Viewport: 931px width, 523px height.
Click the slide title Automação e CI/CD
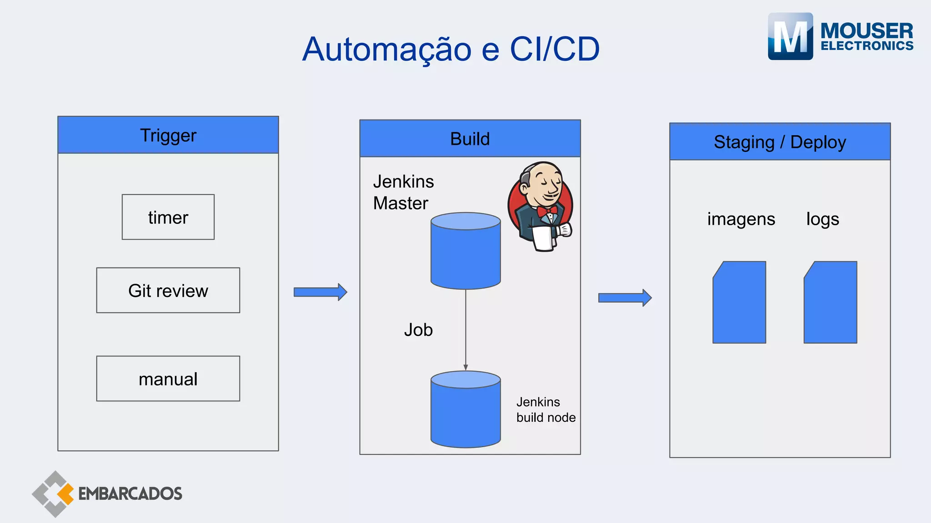point(451,49)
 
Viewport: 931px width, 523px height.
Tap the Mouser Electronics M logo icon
point(790,36)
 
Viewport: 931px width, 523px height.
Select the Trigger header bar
point(168,135)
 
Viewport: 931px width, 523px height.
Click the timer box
point(168,217)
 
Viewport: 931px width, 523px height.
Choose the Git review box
point(168,291)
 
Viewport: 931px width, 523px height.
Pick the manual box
point(168,379)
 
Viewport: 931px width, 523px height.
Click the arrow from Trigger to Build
point(320,292)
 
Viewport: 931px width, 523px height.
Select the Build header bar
point(470,138)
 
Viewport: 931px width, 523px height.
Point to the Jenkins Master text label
point(403,192)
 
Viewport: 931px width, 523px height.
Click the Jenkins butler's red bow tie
point(547,211)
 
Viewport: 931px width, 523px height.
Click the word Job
point(418,330)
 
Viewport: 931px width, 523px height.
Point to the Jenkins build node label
point(546,410)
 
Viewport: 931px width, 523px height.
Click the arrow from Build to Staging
point(625,298)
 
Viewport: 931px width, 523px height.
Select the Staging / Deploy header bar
point(780,142)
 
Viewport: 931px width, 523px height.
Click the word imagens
point(741,219)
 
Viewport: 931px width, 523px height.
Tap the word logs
point(822,219)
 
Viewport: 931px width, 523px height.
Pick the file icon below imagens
point(739,302)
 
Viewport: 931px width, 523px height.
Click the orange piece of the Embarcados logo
point(66,494)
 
